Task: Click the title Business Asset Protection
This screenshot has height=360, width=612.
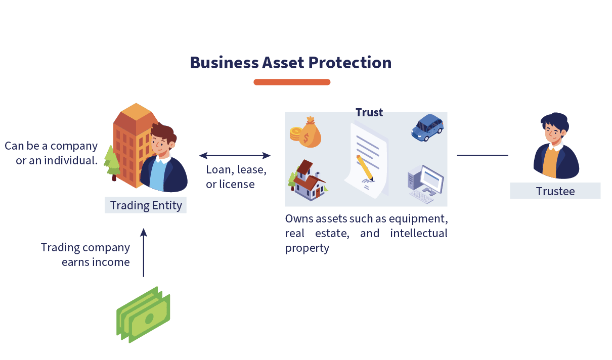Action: click(x=290, y=63)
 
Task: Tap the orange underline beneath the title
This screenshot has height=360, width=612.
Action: click(x=292, y=82)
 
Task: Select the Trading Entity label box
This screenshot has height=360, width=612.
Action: click(x=146, y=205)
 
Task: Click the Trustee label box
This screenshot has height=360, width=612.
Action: click(x=555, y=191)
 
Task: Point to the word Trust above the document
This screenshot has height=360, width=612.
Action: click(x=369, y=112)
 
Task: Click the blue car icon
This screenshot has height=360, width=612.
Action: click(x=427, y=127)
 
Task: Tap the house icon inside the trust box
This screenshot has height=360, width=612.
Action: click(x=309, y=181)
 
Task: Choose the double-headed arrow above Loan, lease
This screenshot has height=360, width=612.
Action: click(x=235, y=155)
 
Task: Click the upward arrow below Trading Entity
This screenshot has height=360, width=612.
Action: click(x=143, y=252)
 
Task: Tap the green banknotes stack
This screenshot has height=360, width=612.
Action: click(x=144, y=314)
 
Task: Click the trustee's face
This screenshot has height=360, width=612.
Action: click(x=554, y=132)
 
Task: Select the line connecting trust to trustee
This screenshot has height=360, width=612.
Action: click(x=482, y=155)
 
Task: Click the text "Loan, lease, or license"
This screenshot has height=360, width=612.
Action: click(x=236, y=177)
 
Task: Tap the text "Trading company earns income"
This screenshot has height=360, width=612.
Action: click(x=85, y=255)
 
